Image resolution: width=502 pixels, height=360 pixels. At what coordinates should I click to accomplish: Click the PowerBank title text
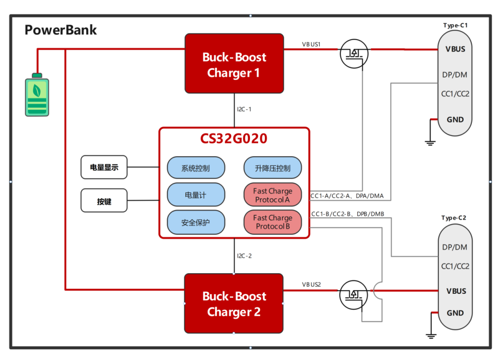61,30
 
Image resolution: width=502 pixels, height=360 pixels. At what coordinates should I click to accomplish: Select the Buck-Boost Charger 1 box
234,64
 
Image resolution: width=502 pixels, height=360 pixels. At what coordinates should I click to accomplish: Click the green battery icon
37,96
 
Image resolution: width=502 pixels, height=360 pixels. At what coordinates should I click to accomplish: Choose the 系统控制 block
196,168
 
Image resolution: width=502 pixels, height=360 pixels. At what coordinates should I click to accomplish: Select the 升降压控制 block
272,168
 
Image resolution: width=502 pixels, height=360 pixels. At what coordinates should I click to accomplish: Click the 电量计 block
196,195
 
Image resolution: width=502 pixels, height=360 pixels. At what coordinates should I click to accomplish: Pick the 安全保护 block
196,222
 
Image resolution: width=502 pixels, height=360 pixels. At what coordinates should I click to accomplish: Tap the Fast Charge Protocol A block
272,195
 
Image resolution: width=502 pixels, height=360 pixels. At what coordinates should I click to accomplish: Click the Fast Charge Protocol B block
272,222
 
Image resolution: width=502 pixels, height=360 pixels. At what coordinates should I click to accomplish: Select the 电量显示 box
104,167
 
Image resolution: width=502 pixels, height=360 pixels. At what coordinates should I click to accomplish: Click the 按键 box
104,201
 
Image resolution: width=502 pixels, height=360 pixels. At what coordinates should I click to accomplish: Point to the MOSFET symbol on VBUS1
354,53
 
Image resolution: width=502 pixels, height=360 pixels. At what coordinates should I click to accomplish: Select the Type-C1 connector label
456,25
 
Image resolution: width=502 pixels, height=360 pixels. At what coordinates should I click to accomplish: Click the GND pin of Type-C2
455,313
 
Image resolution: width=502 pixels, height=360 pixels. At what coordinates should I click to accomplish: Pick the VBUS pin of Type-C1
455,49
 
